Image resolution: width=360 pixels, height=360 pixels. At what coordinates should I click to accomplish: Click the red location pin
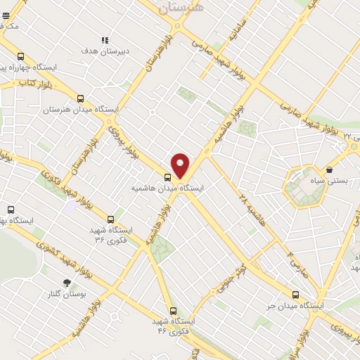click(x=181, y=165)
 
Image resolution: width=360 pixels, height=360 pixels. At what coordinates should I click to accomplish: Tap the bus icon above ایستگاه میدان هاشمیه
click(x=168, y=177)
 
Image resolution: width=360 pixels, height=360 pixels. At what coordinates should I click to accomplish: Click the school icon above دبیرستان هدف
click(x=105, y=41)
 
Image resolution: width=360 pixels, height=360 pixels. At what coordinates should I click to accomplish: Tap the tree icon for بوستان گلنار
click(x=67, y=283)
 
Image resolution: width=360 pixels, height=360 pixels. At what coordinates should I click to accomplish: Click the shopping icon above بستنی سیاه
click(x=329, y=169)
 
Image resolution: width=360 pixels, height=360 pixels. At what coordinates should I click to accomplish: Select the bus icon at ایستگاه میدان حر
click(x=295, y=295)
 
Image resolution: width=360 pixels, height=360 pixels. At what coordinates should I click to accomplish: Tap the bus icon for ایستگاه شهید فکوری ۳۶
click(x=111, y=219)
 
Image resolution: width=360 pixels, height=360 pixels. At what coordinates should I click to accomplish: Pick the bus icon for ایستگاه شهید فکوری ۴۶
click(x=173, y=310)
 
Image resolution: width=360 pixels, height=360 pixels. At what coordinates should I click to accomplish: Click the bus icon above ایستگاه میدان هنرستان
click(x=80, y=99)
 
